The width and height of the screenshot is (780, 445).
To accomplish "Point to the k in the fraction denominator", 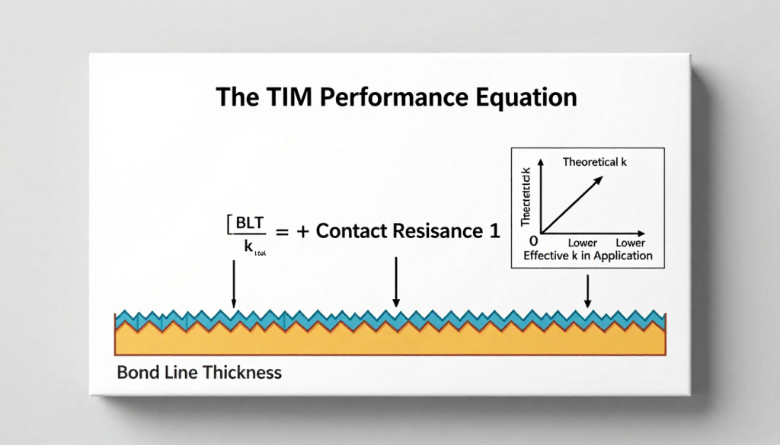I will point(248,245).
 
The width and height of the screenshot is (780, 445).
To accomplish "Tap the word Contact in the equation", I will point(353,233).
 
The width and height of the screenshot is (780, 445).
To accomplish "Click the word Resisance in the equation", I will point(433,233).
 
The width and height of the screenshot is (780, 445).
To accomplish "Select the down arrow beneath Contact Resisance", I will point(395,282).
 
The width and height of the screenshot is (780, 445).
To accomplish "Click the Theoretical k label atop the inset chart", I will point(599,161).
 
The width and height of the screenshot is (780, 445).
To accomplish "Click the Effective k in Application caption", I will point(587,256).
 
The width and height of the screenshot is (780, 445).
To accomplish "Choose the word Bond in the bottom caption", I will point(136,373).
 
